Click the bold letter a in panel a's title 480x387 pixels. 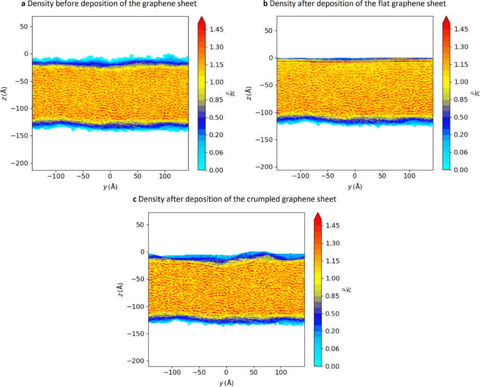tap(22, 4)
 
